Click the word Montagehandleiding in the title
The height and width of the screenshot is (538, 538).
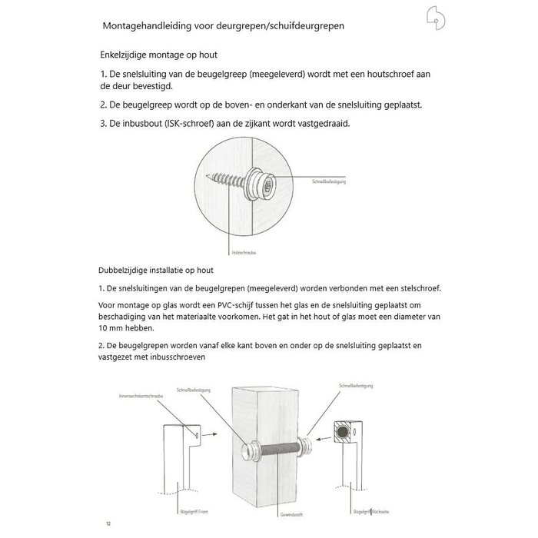pos(148,25)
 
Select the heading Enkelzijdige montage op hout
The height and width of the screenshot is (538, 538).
pos(158,55)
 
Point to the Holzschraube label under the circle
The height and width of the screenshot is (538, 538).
pos(242,251)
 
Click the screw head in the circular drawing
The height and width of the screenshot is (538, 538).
pos(267,184)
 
